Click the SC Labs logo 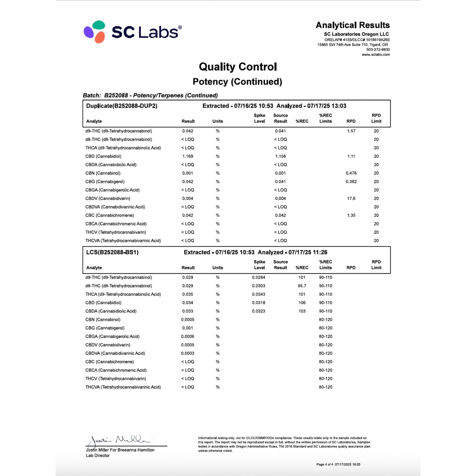[132, 32]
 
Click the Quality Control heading [238, 67]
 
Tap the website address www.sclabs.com [376, 55]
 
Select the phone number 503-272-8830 [378, 50]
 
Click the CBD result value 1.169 [188, 156]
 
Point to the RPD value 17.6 [351, 199]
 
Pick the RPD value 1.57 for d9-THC [351, 131]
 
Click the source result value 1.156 [280, 156]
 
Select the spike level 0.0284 [259, 278]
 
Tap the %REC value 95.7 [302, 286]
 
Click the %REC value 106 [302, 303]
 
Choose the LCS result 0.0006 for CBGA [188, 337]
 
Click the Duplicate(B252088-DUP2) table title [122, 106]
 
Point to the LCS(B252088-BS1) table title [112, 253]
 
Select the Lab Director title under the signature [98, 456]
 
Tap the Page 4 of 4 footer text [324, 464]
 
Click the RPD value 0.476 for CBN [351, 173]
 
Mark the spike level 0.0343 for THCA [259, 294]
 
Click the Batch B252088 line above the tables [150, 96]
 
